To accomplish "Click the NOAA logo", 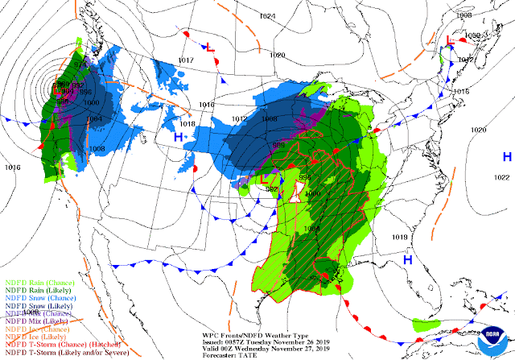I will pos(492,334).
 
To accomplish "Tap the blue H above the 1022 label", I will pos(506,156).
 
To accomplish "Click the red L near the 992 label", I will pos(265,180).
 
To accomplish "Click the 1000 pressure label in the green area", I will pos(313,193).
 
